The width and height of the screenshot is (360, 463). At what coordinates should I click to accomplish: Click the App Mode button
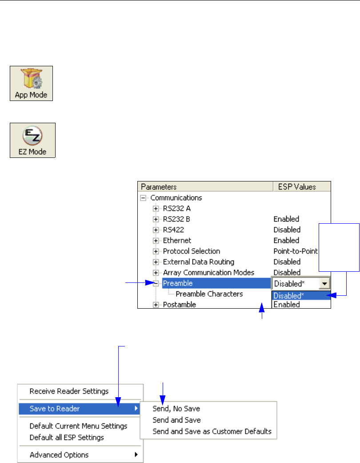32,83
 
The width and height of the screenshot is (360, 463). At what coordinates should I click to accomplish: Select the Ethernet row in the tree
177,240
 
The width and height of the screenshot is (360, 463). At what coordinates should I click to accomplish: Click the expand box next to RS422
156,229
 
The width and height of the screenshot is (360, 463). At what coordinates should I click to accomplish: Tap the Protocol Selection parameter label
191,251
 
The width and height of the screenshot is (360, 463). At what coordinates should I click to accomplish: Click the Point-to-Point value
295,251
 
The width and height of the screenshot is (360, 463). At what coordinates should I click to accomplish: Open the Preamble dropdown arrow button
325,283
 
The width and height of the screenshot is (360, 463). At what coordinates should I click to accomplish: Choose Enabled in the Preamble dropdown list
287,305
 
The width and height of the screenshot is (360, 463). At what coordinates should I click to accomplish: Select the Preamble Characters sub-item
209,294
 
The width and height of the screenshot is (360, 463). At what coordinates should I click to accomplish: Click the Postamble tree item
179,305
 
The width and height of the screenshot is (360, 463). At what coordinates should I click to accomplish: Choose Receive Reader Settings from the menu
69,391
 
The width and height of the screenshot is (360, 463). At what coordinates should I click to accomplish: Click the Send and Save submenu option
176,420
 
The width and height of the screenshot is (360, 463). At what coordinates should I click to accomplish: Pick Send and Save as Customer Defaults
212,431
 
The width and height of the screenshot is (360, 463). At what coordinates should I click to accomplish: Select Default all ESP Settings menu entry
67,437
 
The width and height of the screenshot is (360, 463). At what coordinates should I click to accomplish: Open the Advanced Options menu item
59,455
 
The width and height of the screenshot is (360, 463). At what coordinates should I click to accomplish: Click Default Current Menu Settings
78,426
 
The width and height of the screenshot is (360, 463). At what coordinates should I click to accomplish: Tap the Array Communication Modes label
208,272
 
